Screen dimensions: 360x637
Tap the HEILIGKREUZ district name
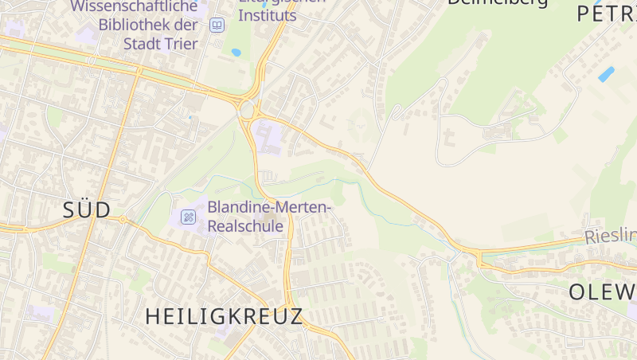click(225, 316)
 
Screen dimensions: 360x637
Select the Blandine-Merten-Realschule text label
click(268, 217)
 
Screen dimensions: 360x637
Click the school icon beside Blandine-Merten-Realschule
click(188, 217)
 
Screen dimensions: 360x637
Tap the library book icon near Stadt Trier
click(217, 25)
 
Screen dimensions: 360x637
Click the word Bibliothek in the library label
click(138, 25)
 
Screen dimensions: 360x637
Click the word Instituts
click(268, 15)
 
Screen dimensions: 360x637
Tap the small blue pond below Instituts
click(236, 53)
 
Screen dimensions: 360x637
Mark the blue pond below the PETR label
click(606, 74)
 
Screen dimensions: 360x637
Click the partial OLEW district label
click(603, 292)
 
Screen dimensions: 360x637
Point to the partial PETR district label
click(606, 14)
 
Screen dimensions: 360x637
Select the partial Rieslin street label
click(611, 236)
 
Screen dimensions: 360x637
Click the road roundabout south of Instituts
click(247, 109)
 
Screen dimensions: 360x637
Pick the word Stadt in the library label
click(141, 43)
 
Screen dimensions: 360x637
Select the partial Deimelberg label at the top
click(498, 2)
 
